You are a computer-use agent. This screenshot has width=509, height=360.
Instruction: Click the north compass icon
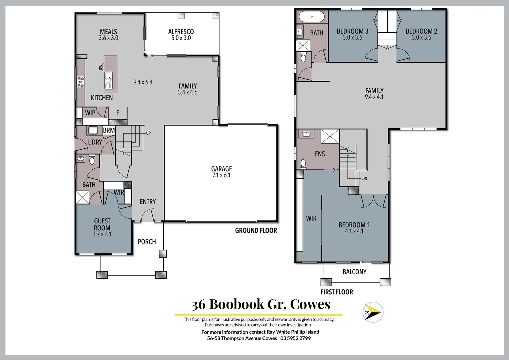tap(373, 312)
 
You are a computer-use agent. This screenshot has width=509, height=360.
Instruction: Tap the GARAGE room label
tap(221, 169)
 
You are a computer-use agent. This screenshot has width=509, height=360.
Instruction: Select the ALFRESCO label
tap(181, 32)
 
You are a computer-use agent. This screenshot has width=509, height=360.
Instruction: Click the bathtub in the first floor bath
tap(312, 16)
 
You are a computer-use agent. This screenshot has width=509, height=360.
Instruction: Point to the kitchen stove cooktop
tap(81, 82)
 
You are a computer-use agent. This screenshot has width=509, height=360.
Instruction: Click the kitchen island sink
tap(108, 79)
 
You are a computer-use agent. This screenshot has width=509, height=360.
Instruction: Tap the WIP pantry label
tap(90, 113)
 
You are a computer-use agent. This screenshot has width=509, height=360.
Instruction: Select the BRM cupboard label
tap(109, 130)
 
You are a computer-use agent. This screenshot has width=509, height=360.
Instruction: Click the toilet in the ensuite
tap(303, 164)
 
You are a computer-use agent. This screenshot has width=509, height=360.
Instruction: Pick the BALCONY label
tap(354, 272)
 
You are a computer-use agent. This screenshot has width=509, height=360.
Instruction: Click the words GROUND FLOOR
tap(256, 230)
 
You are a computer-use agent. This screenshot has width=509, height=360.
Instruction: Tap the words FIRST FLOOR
tap(337, 292)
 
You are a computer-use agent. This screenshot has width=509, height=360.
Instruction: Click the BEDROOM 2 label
tap(421, 31)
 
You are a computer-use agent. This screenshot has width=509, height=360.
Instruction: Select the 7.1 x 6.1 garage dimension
tap(221, 175)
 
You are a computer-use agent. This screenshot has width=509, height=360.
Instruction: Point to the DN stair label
tap(365, 179)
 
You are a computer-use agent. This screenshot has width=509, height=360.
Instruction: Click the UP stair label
tap(148, 133)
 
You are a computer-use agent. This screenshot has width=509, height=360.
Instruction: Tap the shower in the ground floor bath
tap(82, 197)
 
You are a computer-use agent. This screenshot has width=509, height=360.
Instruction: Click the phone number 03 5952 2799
tap(295, 338)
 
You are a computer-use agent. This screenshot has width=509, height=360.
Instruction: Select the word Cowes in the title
tap(310, 304)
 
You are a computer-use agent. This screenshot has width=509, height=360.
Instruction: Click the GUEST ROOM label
tap(102, 224)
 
